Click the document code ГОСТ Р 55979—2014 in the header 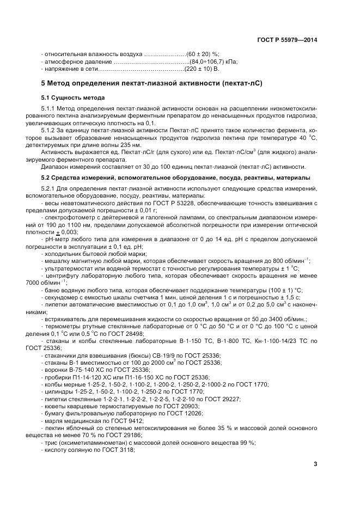288,40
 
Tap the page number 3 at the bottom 315,464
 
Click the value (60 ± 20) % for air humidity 203,54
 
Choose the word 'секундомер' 61,297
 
